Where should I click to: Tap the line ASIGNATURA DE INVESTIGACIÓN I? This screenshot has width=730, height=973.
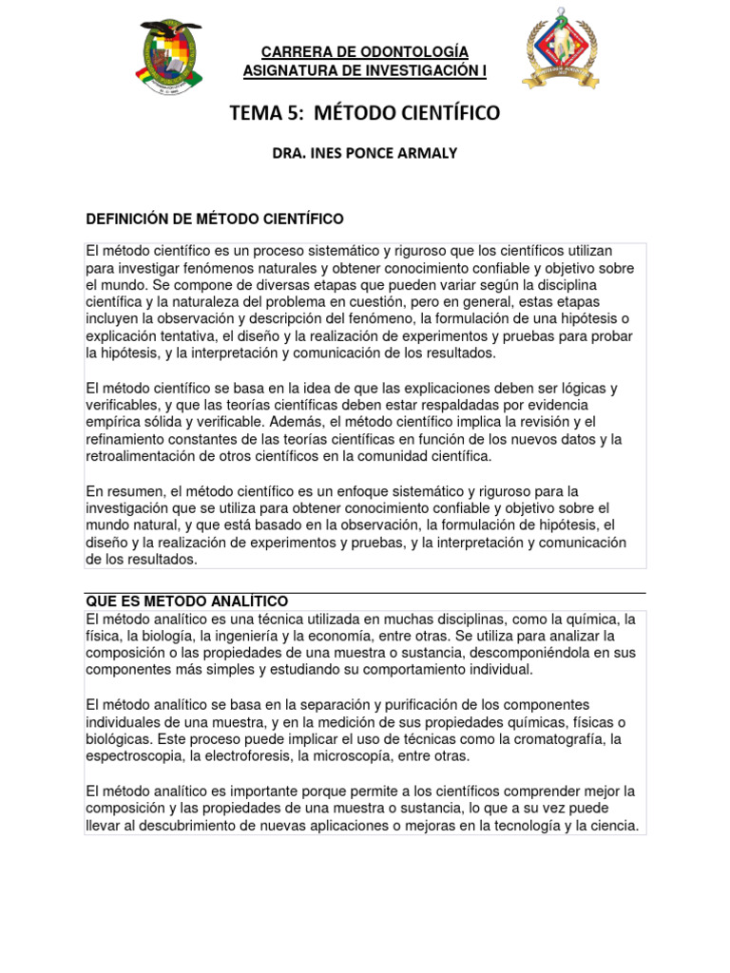tap(365, 69)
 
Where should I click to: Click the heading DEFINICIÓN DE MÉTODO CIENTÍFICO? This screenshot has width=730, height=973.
tap(215, 219)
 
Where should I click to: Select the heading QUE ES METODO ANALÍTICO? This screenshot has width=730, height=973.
tap(187, 601)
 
